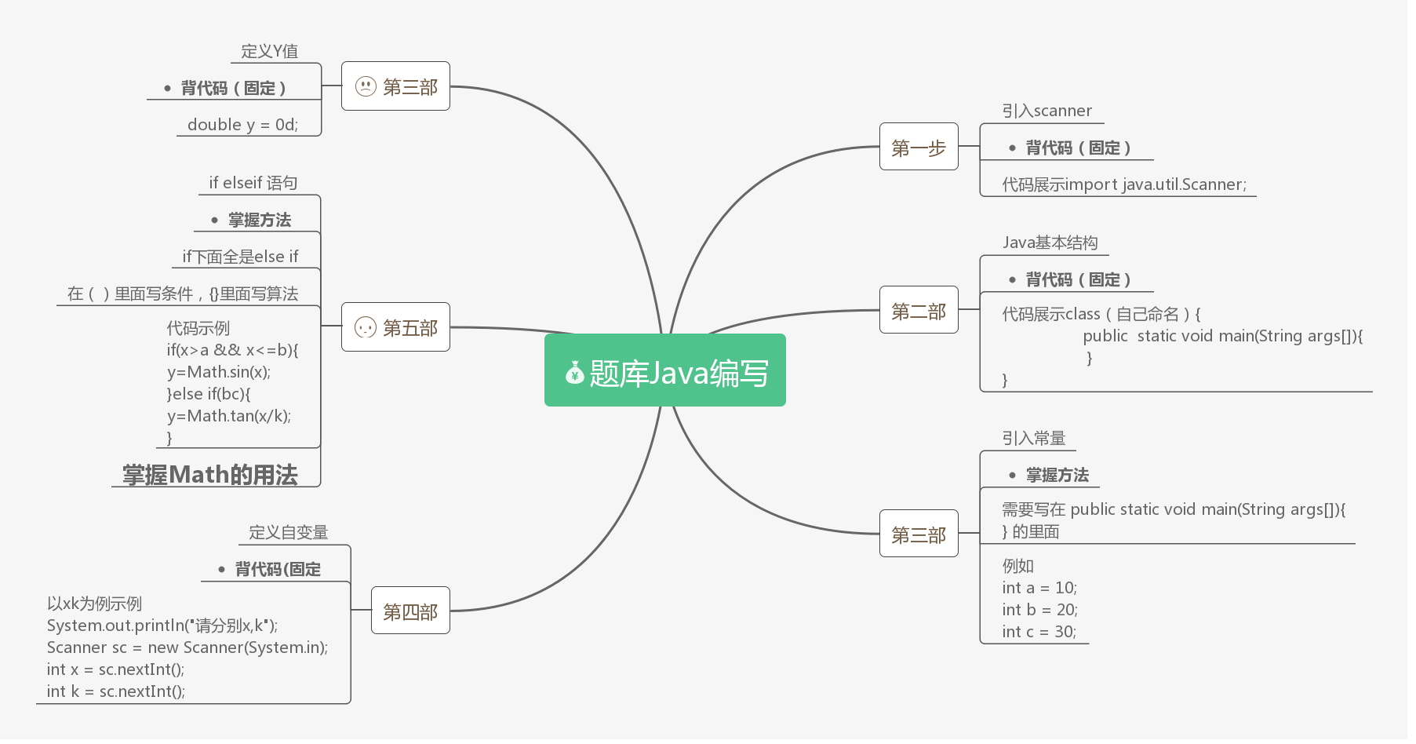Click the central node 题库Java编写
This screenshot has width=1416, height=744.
click(x=665, y=370)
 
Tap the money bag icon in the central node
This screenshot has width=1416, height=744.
click(x=575, y=373)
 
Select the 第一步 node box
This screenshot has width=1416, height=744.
click(x=919, y=147)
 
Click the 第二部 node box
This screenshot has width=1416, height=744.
click(x=919, y=310)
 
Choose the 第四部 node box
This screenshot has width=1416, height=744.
click(x=410, y=611)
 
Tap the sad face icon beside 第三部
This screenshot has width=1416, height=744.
click(x=366, y=86)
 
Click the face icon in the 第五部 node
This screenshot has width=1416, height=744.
click(x=366, y=327)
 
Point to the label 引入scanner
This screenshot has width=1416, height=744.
click(x=1047, y=111)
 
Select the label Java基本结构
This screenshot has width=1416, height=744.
click(x=1050, y=243)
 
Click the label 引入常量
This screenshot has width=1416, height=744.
click(x=1033, y=438)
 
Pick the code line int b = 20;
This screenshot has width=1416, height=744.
click(x=1039, y=610)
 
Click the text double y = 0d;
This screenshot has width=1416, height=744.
click(x=242, y=125)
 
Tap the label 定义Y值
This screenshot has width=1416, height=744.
click(x=269, y=51)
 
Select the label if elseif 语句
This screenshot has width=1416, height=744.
click(x=253, y=183)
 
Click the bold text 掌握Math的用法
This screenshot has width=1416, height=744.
click(x=210, y=474)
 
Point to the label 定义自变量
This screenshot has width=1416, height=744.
click(x=288, y=532)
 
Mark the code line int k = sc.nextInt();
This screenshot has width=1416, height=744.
click(x=116, y=691)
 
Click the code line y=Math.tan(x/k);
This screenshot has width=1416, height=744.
click(x=229, y=416)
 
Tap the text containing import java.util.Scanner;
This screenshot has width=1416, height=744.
click(x=1123, y=184)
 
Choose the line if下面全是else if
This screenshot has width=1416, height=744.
click(x=240, y=257)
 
